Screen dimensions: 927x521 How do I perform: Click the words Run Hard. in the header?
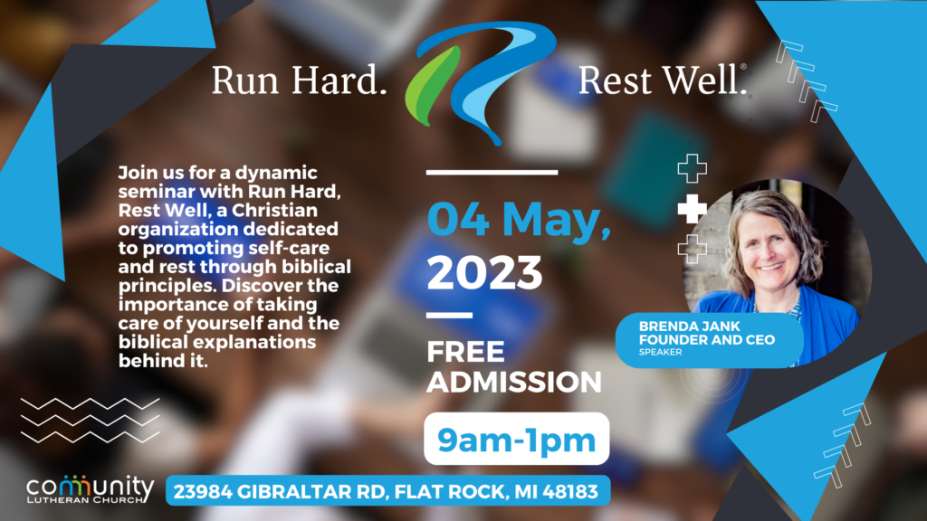pos(299,81)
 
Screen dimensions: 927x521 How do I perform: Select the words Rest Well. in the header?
pos(662,81)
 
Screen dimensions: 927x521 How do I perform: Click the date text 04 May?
pos(519,220)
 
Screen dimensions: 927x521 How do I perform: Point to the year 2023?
pos(484,273)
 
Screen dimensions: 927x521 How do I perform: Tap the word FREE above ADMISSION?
pos(466,352)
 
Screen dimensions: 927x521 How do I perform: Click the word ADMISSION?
pos(514,382)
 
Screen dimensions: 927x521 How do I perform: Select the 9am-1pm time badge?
pos(517,439)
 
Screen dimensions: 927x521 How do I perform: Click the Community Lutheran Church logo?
pos(90,489)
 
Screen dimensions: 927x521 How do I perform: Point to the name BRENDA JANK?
pos(689,326)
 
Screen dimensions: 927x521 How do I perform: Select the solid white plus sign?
pos(693,209)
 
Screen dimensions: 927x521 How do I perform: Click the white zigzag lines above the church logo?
pos(90,421)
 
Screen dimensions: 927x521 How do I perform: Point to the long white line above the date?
pos(492,173)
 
